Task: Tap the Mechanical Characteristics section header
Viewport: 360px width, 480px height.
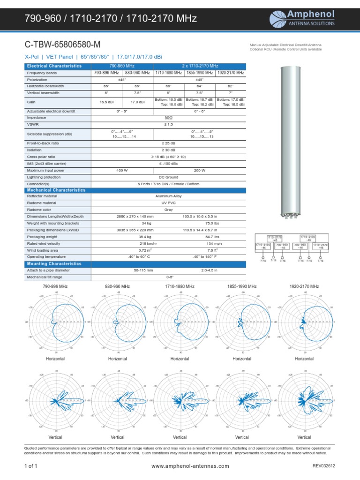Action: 56,190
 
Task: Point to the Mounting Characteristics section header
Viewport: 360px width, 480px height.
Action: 54,264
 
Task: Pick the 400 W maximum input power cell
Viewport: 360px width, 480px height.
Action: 122,171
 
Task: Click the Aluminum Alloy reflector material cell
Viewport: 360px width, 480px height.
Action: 168,196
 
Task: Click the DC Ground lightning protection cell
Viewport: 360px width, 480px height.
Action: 168,177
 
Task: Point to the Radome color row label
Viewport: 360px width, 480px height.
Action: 40,210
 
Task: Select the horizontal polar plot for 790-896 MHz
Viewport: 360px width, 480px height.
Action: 55,322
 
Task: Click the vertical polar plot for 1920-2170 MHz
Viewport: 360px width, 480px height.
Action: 304,401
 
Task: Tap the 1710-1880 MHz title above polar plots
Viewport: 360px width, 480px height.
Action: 180,286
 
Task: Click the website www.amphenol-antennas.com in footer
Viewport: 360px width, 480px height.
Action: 191,466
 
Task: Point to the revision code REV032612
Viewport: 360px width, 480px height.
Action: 324,466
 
